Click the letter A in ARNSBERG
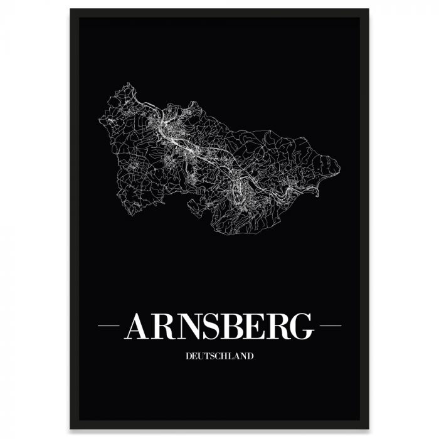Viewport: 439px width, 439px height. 138,326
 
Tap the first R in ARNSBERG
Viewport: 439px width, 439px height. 162,326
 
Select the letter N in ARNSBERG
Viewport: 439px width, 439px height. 188,326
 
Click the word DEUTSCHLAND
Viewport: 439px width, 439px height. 219,357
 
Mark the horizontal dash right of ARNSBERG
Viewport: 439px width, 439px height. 330,326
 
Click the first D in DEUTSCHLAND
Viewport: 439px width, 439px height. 188,357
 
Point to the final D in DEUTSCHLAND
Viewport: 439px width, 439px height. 250,357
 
